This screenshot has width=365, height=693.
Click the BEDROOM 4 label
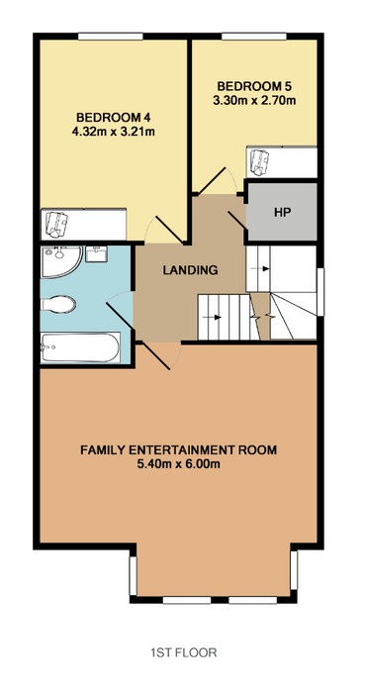tap(114, 118)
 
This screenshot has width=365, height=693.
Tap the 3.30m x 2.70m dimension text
tap(254, 100)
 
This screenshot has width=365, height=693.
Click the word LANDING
tap(190, 270)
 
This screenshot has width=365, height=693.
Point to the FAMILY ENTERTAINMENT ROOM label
tap(179, 450)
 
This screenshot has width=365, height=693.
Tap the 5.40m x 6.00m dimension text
tap(179, 464)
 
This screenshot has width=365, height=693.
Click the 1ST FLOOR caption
tap(184, 652)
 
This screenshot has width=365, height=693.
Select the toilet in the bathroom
tap(58, 305)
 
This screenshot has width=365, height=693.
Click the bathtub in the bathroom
tap(80, 347)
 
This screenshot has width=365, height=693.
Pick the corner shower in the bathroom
tap(60, 261)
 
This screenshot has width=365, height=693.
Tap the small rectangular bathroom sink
tap(96, 254)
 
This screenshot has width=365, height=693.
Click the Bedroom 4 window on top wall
tap(111, 37)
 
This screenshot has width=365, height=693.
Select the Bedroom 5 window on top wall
tap(254, 37)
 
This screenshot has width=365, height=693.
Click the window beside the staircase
tap(320, 292)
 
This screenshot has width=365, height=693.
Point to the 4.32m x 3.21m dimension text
tap(114, 132)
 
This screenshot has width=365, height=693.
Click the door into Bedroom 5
tap(218, 180)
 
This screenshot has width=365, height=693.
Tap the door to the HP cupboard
tap(237, 218)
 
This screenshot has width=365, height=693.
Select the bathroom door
tap(120, 310)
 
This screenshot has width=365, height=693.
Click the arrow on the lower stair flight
tap(217, 317)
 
